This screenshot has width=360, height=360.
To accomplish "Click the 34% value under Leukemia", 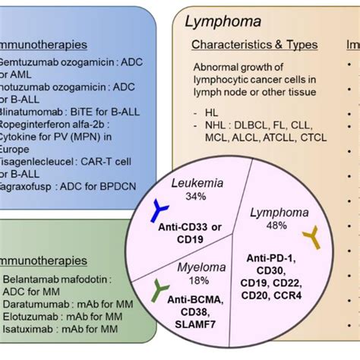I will point(184,197).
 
